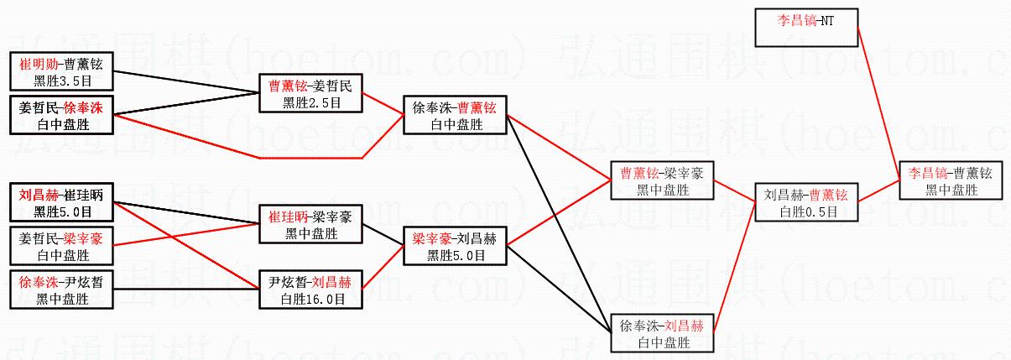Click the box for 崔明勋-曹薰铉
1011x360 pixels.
tap(61, 71)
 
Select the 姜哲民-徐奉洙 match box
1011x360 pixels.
tap(61, 116)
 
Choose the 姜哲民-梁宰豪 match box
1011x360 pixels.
tap(61, 246)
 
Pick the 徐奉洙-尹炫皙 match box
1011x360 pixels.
tap(61, 290)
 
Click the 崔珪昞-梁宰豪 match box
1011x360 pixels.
tap(310, 224)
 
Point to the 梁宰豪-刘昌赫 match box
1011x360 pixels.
tap(455, 246)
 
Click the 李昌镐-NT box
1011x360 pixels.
tap(806, 27)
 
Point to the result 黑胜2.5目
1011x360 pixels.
tap(311, 102)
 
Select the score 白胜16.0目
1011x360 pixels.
tap(311, 298)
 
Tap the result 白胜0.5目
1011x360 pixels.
tap(807, 211)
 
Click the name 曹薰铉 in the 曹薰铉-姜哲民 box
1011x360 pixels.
tap(286, 86)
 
